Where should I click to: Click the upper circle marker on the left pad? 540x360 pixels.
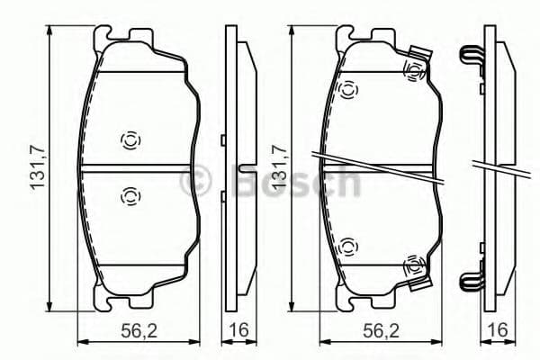click(129, 139)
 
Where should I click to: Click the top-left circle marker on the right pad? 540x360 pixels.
click(348, 88)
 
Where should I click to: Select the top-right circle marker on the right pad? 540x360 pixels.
click(414, 68)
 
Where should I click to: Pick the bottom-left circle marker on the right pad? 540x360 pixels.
click(348, 245)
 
